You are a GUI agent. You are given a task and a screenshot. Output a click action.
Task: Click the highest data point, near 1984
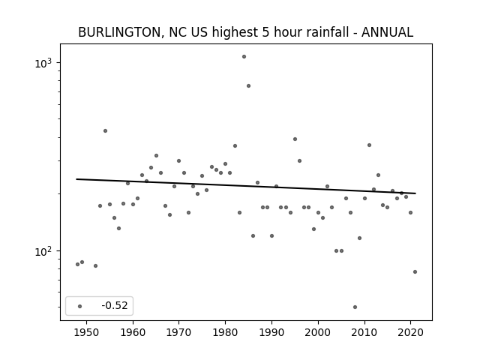click(244, 57)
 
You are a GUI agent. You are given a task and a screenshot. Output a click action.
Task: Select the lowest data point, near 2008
click(355, 307)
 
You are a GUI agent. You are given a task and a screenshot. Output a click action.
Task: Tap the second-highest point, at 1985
click(248, 86)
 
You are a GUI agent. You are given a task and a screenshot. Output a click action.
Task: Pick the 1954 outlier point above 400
click(105, 131)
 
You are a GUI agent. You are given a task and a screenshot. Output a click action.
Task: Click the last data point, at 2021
click(415, 271)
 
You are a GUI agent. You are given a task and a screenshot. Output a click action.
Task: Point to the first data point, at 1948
click(78, 265)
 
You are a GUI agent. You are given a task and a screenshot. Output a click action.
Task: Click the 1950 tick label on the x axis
click(87, 333)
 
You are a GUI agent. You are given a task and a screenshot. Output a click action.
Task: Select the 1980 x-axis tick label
click(225, 333)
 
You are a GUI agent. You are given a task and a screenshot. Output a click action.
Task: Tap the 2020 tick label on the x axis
click(410, 333)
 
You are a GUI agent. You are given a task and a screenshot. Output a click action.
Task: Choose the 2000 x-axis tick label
click(318, 333)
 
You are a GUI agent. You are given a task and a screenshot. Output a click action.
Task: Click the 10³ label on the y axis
click(43, 62)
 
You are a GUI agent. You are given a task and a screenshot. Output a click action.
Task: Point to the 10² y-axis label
click(43, 251)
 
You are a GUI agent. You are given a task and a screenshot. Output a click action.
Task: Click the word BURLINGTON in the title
click(119, 32)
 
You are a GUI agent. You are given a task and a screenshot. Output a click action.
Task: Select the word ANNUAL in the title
click(387, 32)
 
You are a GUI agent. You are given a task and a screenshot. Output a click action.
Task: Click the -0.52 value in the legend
click(115, 305)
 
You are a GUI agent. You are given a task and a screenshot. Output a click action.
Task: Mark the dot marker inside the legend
click(80, 306)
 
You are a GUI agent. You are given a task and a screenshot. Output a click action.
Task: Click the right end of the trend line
click(415, 193)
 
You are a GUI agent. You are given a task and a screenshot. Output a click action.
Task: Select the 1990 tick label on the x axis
click(271, 333)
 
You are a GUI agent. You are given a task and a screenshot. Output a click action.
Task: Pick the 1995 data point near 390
click(295, 139)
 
